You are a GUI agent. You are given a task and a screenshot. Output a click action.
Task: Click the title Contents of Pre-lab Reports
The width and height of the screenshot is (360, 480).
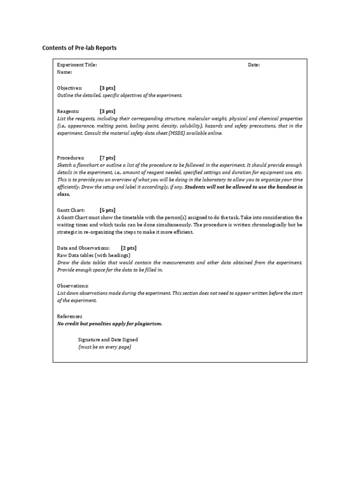(79, 48)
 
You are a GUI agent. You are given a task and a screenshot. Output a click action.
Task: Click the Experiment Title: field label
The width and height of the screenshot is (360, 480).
(77, 65)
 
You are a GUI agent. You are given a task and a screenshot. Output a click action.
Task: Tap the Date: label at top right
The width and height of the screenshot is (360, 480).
(254, 65)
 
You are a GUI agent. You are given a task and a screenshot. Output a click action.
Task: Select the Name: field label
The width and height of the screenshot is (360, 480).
(65, 72)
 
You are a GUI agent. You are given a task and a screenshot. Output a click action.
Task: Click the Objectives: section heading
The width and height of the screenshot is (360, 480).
(69, 88)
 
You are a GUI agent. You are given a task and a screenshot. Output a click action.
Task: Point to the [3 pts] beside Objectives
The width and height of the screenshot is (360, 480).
(107, 88)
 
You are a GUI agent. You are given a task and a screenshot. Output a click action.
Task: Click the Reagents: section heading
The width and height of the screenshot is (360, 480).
(68, 112)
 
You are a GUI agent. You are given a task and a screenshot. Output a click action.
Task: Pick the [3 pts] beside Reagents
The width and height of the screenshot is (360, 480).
(107, 112)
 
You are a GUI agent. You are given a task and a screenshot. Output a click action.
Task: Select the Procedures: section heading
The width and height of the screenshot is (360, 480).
(71, 158)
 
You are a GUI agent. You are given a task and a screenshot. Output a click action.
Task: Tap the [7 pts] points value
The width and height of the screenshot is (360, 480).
(107, 158)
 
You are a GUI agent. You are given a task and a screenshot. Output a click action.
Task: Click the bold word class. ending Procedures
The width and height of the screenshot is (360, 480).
(64, 194)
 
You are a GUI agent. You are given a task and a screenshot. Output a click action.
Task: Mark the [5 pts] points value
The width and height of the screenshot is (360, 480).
(107, 210)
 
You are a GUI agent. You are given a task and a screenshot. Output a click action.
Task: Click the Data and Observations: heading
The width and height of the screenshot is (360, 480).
(83, 248)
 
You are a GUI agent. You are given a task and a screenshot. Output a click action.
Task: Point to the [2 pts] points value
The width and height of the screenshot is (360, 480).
(128, 248)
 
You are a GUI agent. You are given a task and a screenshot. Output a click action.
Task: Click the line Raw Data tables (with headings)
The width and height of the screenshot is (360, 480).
(93, 255)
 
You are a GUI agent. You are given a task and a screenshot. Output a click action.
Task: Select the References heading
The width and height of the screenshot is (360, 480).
(69, 316)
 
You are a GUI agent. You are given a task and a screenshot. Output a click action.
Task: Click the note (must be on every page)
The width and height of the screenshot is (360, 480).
(105, 347)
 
